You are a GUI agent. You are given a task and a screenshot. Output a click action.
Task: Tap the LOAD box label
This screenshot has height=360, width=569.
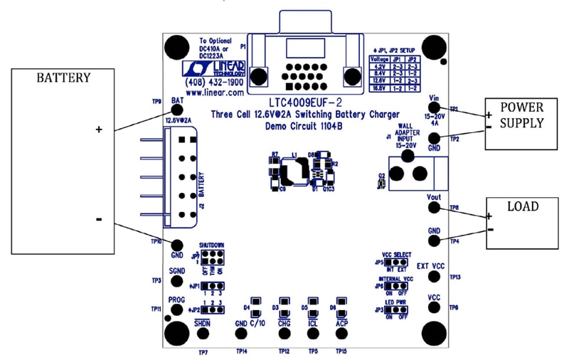click(x=523, y=206)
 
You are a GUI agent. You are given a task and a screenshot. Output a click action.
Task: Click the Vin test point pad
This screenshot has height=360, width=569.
click(x=436, y=107)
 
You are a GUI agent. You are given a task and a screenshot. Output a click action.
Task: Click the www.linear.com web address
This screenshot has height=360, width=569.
click(x=214, y=92)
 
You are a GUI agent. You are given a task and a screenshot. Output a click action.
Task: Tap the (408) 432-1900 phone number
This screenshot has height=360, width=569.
click(x=214, y=83)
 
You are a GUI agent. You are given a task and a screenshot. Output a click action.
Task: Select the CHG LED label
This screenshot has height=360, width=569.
click(x=284, y=324)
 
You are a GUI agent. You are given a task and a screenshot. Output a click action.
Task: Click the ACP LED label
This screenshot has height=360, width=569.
click(x=341, y=324)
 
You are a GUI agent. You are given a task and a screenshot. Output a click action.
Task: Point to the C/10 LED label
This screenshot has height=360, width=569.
click(x=257, y=324)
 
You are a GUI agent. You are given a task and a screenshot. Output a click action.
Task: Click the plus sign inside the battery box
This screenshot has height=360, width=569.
click(x=99, y=129)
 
